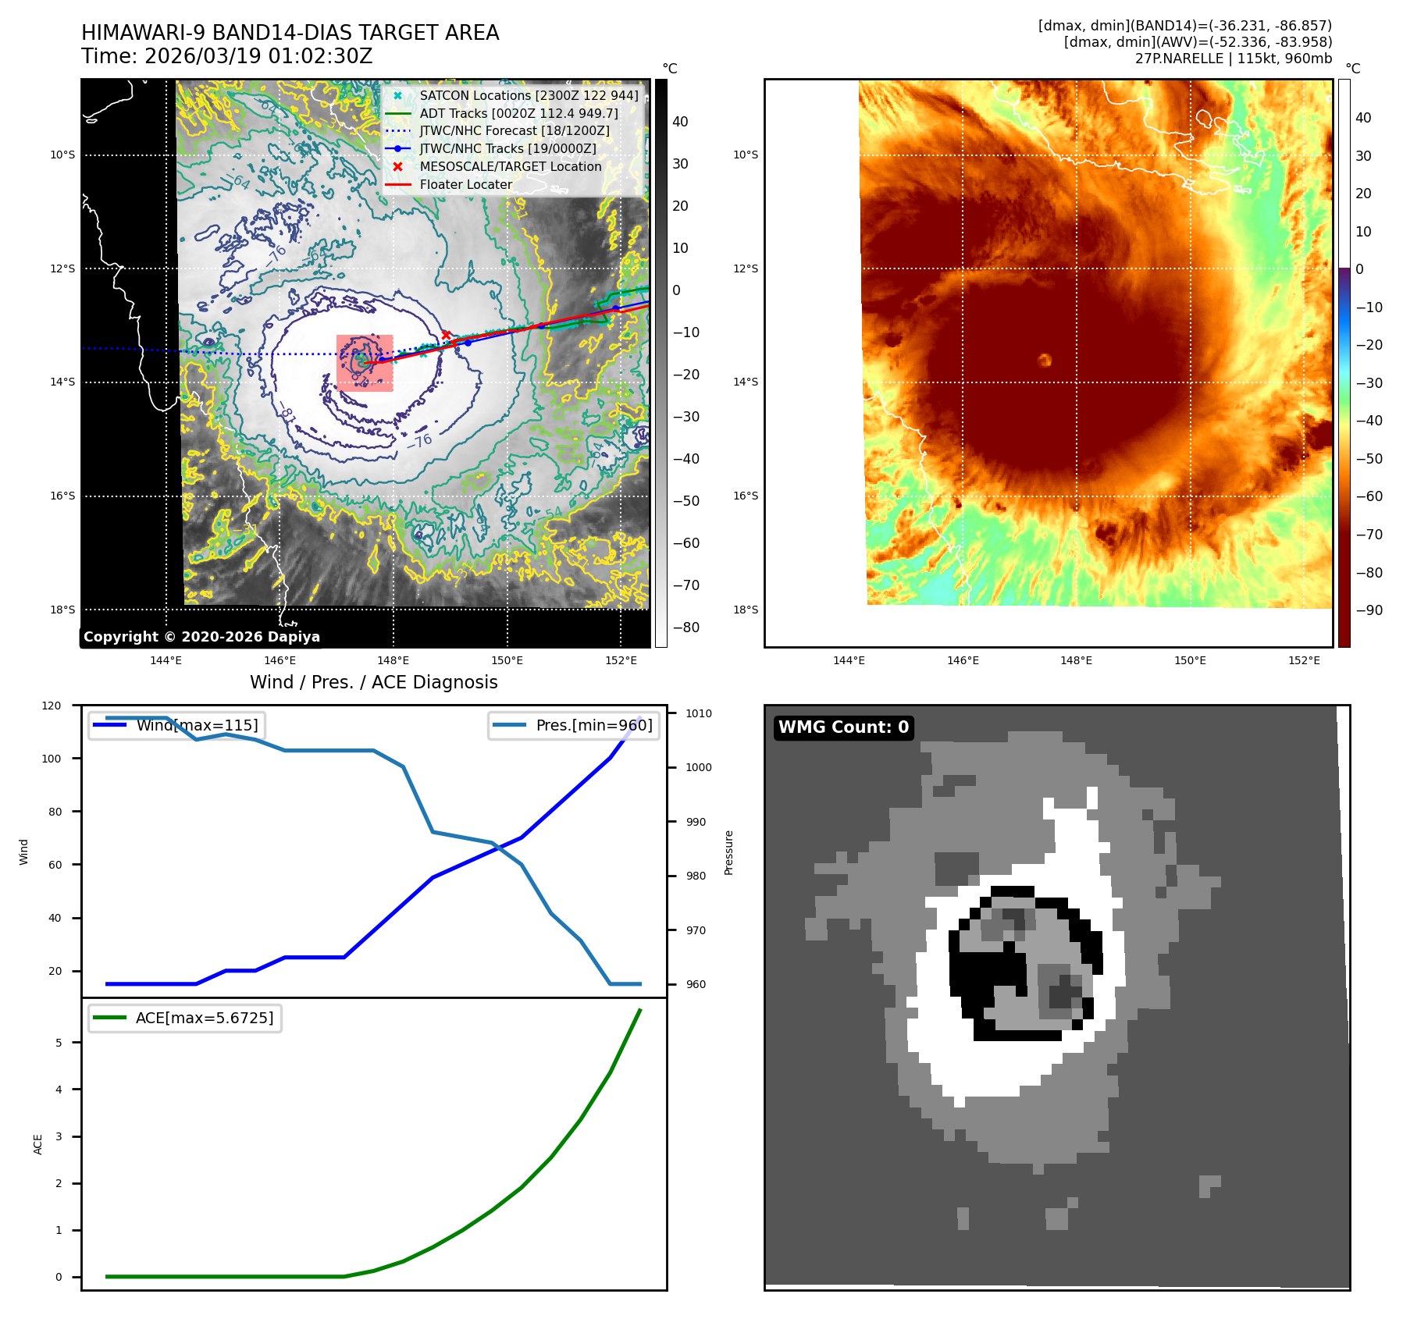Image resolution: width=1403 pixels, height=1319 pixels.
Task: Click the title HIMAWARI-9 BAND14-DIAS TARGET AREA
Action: pyautogui.click(x=290, y=33)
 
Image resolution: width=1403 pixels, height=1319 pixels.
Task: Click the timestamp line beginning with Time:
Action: pyautogui.click(x=226, y=56)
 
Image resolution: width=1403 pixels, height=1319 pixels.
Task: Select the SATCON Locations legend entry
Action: pyautogui.click(x=529, y=95)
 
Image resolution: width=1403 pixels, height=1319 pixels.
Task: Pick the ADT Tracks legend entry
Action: pyautogui.click(x=518, y=113)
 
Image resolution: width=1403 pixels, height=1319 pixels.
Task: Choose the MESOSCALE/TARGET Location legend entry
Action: pyautogui.click(x=510, y=166)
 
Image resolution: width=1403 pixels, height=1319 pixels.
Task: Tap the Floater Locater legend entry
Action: pyautogui.click(x=465, y=184)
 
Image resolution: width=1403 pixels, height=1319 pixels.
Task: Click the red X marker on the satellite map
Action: pyautogui.click(x=446, y=335)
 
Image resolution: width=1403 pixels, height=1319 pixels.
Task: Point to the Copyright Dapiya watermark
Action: pyautogui.click(x=201, y=637)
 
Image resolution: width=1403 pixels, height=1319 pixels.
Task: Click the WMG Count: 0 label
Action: pyautogui.click(x=843, y=727)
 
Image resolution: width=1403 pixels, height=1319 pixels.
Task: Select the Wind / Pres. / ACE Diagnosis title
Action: pyautogui.click(x=373, y=682)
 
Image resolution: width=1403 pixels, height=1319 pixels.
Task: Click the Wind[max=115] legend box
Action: pyautogui.click(x=176, y=725)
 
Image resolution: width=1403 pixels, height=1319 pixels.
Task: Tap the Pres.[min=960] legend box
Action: pyautogui.click(x=574, y=725)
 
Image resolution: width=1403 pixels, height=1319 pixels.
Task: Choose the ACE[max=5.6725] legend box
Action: pyautogui.click(x=185, y=1018)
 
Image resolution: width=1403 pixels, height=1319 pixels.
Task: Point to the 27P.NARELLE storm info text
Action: pyautogui.click(x=1233, y=59)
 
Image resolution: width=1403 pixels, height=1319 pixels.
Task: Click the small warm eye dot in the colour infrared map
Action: pyautogui.click(x=1045, y=360)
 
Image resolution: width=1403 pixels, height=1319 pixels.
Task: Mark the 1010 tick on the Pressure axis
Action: pyautogui.click(x=698, y=713)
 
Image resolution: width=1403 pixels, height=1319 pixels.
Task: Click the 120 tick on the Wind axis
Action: pyautogui.click(x=52, y=706)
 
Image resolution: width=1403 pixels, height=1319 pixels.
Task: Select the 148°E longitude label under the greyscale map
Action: pyautogui.click(x=393, y=660)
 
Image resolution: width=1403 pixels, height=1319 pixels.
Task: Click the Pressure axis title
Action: pyautogui.click(x=728, y=852)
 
